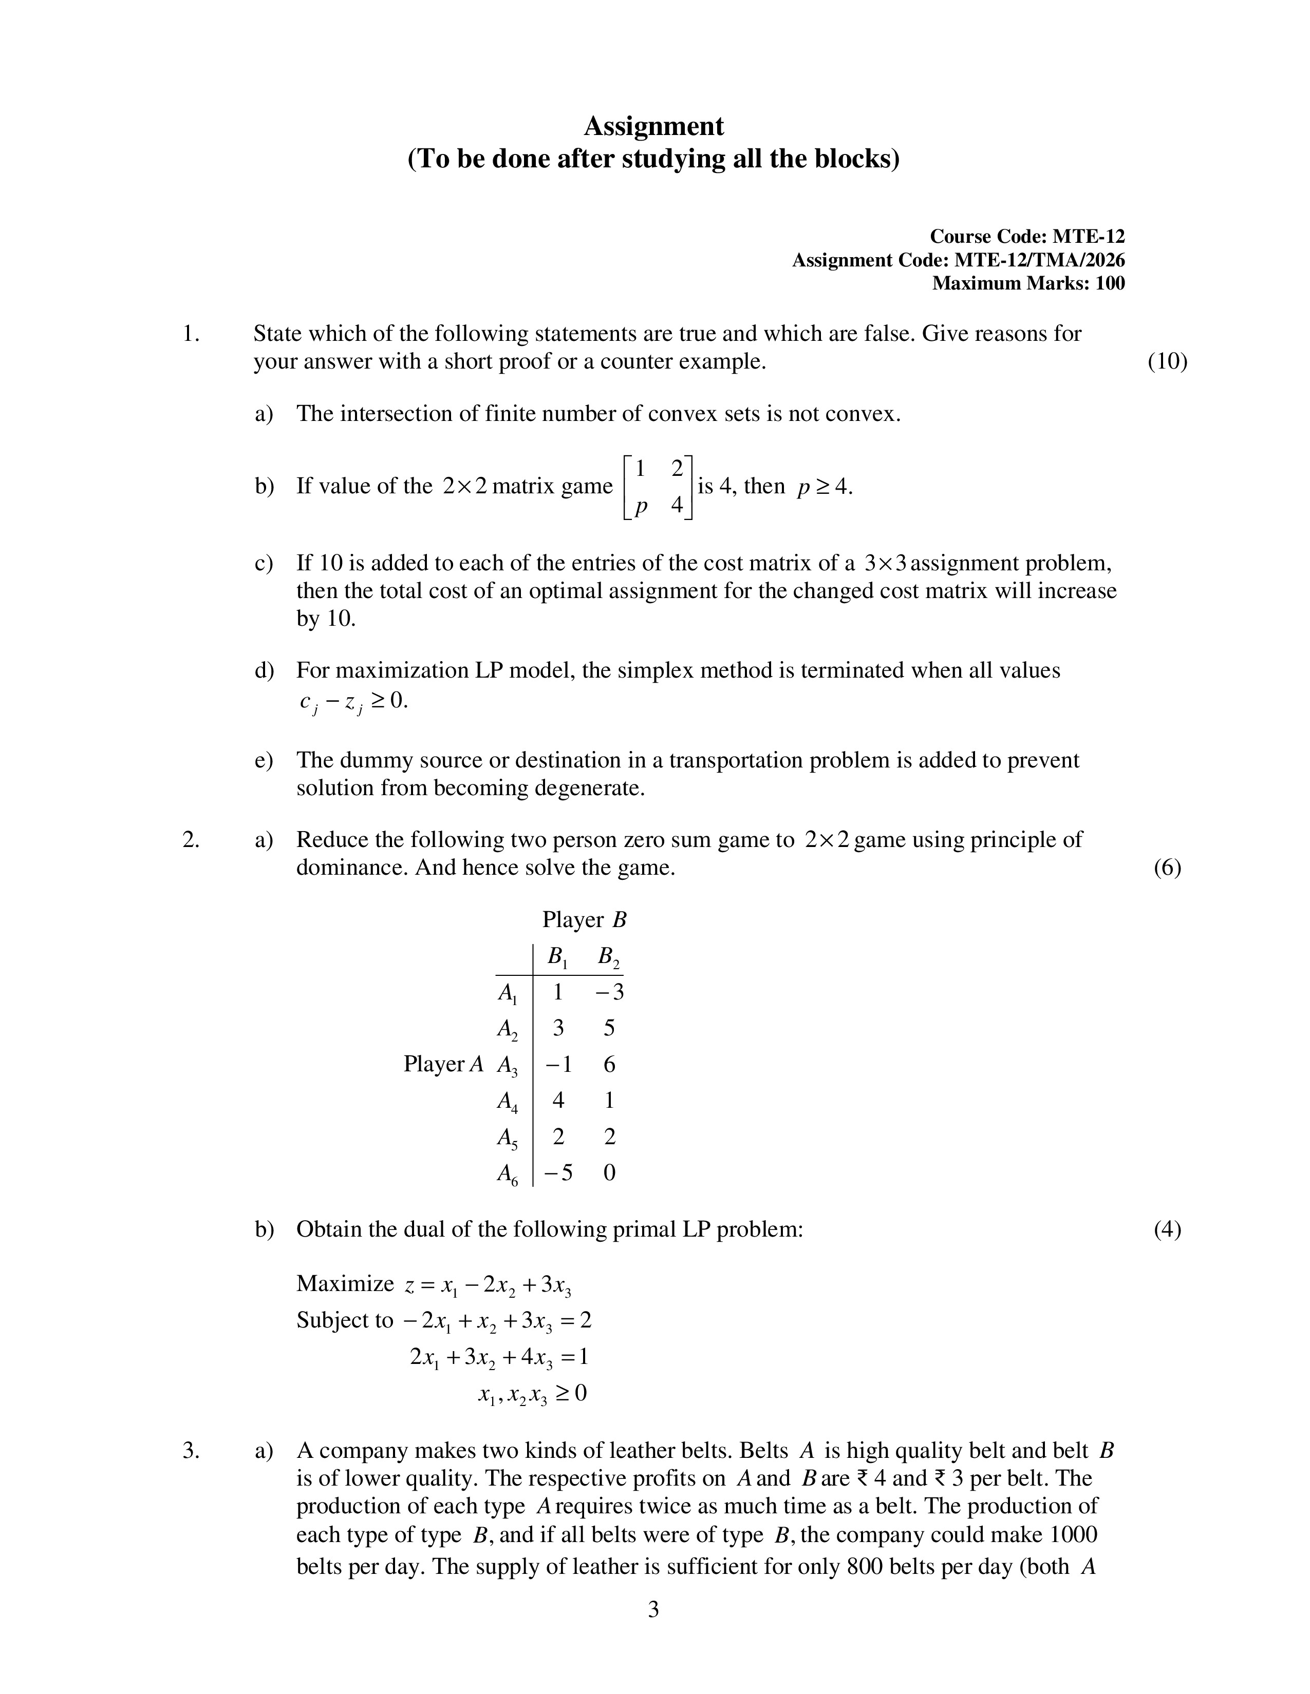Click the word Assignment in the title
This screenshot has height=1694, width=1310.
653,126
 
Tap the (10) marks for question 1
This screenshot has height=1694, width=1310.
1167,361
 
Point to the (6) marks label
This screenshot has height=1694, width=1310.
1167,867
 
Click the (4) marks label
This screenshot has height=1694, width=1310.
1167,1229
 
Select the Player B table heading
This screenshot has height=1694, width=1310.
584,920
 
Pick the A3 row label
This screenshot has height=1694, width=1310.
508,1066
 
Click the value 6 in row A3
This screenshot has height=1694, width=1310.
609,1064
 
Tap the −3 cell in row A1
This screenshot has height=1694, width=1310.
610,992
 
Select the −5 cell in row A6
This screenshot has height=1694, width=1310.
558,1173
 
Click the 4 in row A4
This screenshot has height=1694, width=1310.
558,1100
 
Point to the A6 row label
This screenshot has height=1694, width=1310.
508,1175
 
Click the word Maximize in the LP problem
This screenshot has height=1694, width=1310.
345,1284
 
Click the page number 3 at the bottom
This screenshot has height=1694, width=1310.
653,1609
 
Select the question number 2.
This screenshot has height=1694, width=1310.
191,839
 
